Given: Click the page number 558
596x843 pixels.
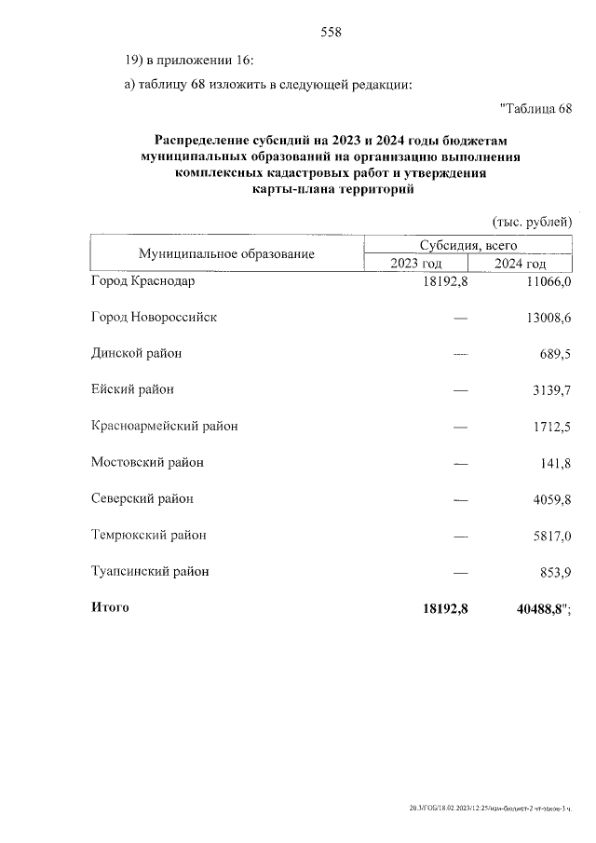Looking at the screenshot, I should pos(331,32).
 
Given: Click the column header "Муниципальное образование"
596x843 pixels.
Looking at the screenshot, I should pos(226,253).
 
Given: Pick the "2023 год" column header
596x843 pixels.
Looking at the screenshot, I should pos(416,264).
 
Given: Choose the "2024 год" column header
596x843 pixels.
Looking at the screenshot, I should pos(520,264).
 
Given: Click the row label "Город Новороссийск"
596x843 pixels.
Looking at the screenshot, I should pos(154,317).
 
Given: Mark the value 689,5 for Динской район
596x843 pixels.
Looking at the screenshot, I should pos(553,354).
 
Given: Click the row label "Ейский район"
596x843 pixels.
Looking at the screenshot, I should pos(132,389).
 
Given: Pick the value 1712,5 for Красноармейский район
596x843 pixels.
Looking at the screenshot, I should pos(550,427).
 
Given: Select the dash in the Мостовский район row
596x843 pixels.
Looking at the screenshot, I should pos(459,463).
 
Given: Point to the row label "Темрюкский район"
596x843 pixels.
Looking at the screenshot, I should pos(148,535).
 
